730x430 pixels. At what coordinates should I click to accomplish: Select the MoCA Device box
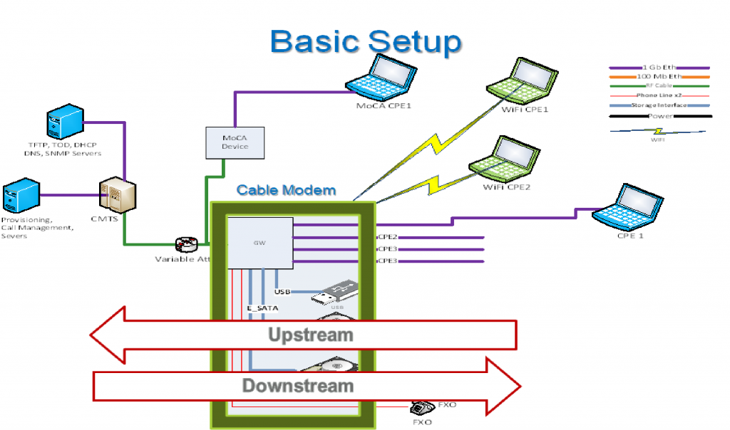235,142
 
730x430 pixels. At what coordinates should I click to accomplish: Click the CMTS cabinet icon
117,194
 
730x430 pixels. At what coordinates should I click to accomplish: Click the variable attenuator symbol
187,245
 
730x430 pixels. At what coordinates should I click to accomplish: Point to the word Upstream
310,335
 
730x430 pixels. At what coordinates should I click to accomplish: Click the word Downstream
298,386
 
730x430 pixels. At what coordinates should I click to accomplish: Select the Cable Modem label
286,190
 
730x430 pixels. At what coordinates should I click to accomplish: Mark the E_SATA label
262,308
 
